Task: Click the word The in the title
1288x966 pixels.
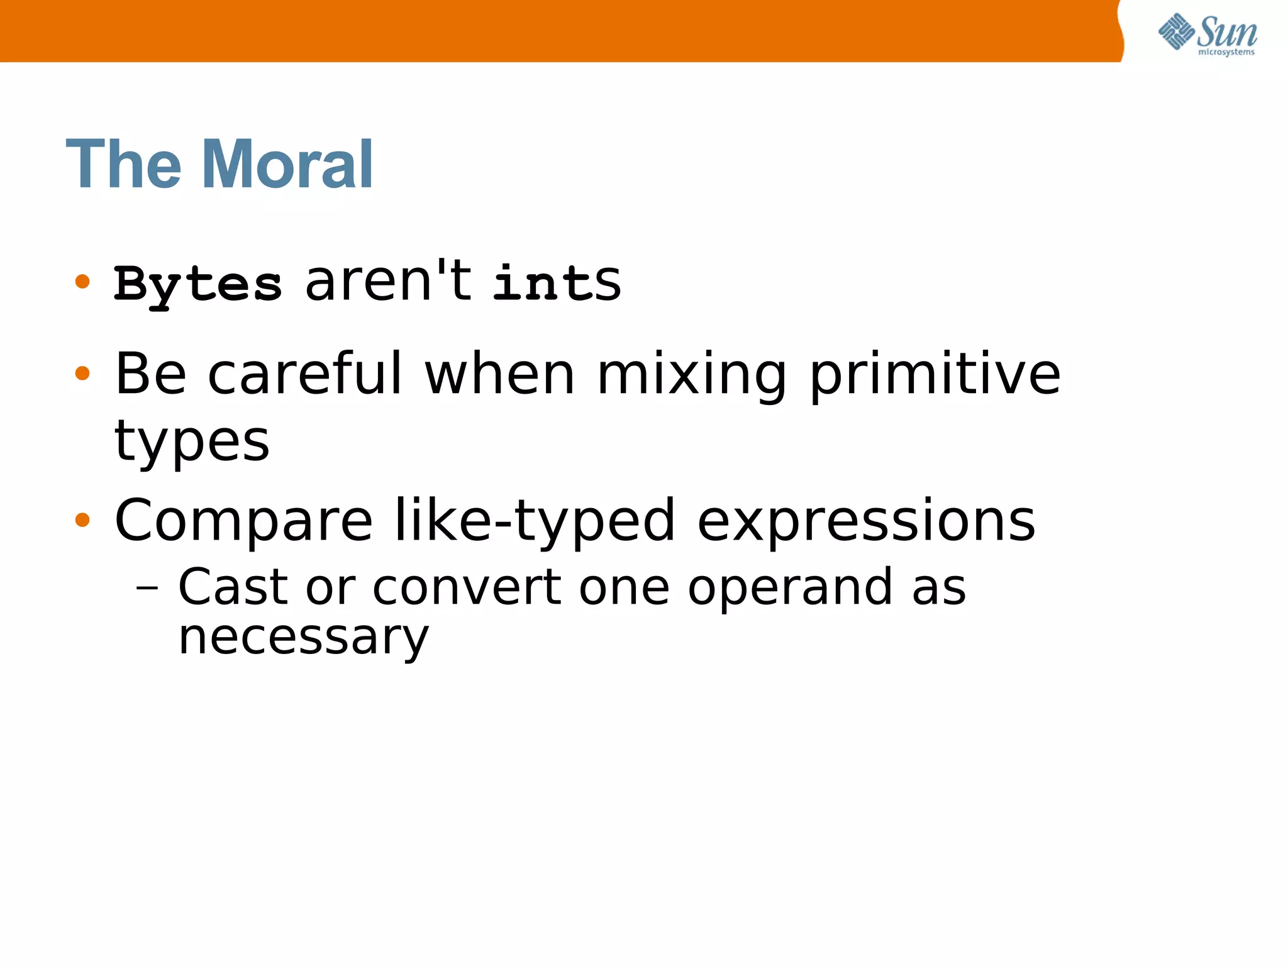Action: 123,165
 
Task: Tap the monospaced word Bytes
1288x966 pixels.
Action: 197,285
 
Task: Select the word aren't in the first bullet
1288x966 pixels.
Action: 387,281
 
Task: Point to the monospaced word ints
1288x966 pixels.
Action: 557,282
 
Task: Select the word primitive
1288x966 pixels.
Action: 935,375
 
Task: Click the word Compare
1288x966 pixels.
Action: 244,521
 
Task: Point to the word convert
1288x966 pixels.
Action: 467,587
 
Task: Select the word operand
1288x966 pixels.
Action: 790,587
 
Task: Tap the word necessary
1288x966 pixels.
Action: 303,638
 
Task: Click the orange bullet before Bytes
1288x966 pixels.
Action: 82,281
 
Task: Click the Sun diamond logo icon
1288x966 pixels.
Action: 1176,31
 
